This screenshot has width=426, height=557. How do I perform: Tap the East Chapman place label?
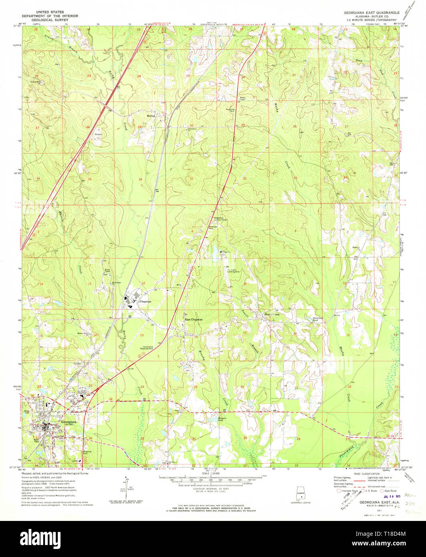[x=193, y=319]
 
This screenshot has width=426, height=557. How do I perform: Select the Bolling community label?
[x=151, y=116]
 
